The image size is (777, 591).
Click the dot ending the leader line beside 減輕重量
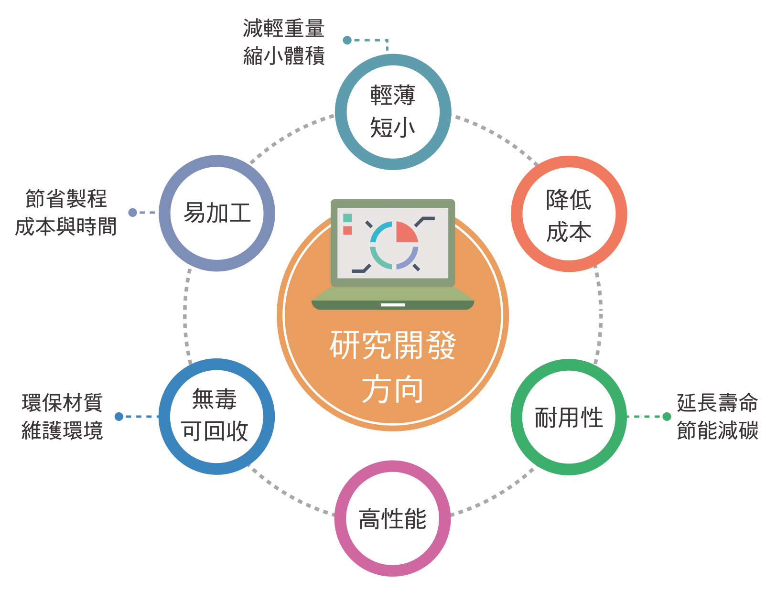[x=347, y=40]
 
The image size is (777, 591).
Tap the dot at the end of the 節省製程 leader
[x=133, y=212]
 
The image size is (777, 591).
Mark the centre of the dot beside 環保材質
[x=119, y=417]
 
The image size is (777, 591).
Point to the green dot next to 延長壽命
[x=667, y=417]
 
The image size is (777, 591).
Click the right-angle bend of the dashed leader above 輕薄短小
[x=387, y=40]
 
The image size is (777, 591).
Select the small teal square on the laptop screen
[x=347, y=218]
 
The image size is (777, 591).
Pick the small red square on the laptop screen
[x=347, y=230]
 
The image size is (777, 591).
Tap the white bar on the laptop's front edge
[x=393, y=305]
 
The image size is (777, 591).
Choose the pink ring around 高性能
[x=393, y=466]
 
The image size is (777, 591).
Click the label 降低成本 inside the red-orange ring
[x=569, y=216]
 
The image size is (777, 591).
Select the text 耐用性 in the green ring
[x=569, y=418]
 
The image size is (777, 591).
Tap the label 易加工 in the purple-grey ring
[x=217, y=213]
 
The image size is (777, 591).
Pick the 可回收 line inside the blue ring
[x=215, y=431]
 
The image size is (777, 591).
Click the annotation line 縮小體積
[x=283, y=55]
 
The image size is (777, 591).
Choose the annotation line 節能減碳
[x=718, y=430]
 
